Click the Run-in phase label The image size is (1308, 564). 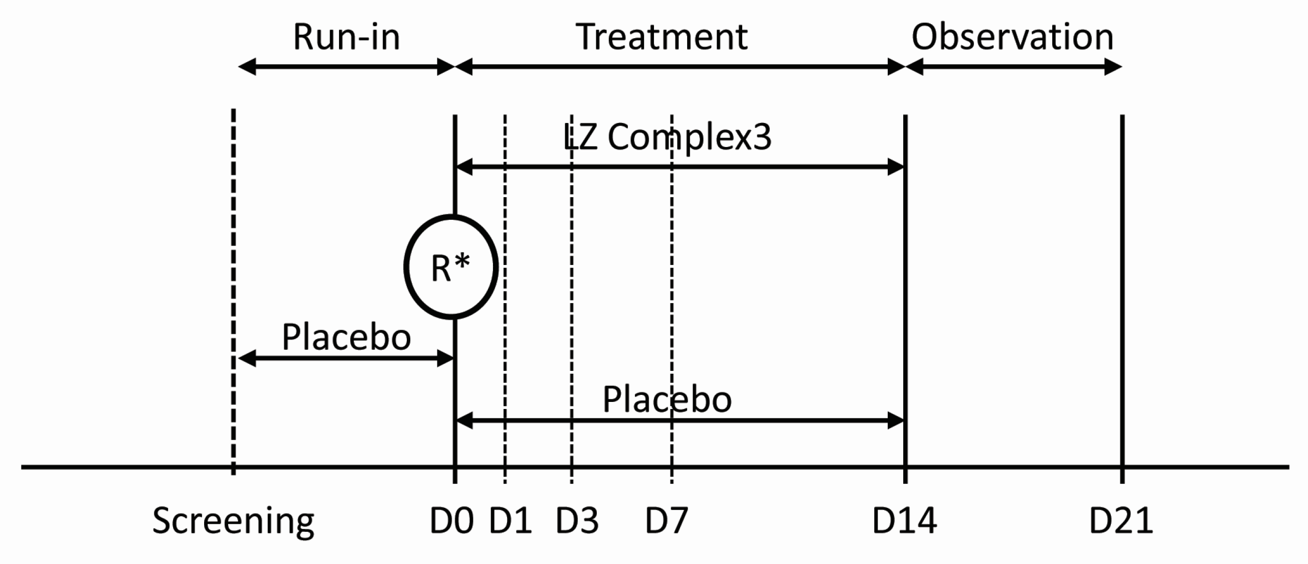coord(346,37)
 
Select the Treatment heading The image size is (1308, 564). coord(662,37)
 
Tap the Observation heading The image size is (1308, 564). coord(1013,37)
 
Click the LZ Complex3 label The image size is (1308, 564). coord(667,137)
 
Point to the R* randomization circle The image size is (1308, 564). coord(451,267)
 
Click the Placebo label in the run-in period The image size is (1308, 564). coord(346,337)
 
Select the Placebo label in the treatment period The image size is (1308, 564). coord(667,399)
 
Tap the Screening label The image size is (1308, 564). coord(233,521)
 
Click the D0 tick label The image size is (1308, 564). coord(451,521)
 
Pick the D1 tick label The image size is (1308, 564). coord(510,521)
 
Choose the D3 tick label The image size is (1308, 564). coord(577,521)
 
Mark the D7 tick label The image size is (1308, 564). coord(666,521)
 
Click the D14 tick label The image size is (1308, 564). coord(904,521)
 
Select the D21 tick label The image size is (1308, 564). coord(1121,521)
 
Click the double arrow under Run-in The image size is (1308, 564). coord(346,67)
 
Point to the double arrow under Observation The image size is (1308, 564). coord(1014,67)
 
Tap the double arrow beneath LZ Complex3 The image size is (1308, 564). coord(681,167)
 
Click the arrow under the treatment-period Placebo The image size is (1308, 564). coord(681,420)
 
